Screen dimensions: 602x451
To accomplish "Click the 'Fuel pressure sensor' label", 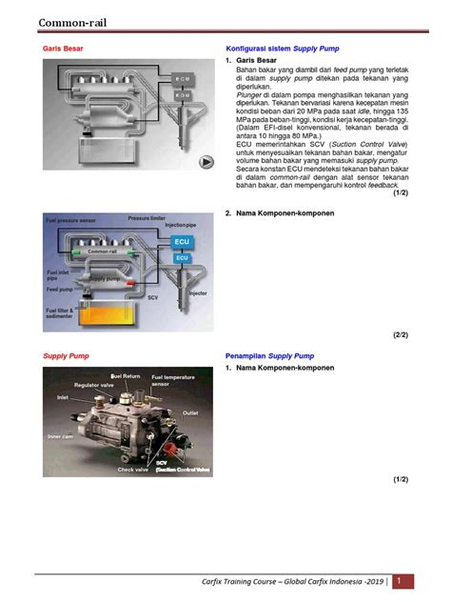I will coord(69,221).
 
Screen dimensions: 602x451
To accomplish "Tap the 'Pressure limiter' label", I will coord(147,218).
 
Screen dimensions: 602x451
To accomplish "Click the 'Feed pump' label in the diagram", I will coord(60,289).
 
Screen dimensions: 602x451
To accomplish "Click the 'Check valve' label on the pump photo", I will coord(132,469).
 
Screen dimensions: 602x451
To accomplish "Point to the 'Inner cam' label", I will coord(61,437).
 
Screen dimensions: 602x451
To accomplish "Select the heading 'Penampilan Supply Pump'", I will coord(269,355).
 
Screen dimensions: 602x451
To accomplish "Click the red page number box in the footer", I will coord(404,580).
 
